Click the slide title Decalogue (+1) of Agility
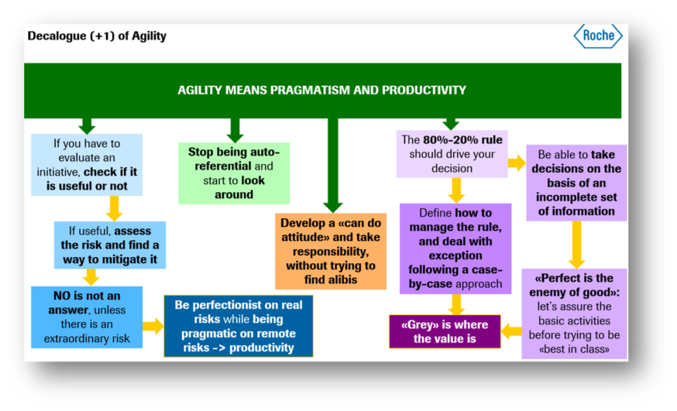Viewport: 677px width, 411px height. (97, 36)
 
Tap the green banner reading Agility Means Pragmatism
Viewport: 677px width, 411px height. (322, 90)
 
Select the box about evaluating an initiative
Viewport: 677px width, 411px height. (87, 164)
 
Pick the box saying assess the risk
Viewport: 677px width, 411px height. (109, 245)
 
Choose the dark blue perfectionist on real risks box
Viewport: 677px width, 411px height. (239, 325)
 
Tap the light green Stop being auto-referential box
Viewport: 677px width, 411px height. (234, 173)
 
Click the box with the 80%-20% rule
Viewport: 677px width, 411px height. (452, 154)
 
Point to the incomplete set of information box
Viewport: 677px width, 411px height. (576, 183)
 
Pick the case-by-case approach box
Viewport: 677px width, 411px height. (455, 248)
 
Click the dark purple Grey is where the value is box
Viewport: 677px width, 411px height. (445, 331)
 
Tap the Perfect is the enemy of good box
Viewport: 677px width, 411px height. (574, 313)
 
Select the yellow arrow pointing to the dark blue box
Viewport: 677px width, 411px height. (153, 325)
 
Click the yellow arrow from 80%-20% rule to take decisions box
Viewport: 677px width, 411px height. (517, 163)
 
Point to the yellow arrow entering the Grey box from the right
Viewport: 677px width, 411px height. (511, 331)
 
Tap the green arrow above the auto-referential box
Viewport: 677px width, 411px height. (234, 129)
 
